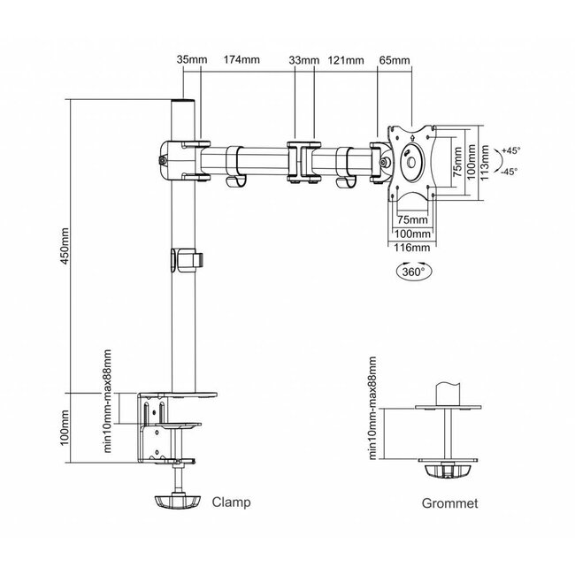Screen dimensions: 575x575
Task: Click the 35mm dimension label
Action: (192, 59)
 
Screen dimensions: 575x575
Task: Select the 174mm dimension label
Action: (241, 59)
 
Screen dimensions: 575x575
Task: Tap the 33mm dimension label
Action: (304, 60)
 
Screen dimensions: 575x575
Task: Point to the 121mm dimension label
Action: (346, 60)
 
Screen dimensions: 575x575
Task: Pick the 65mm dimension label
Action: (395, 60)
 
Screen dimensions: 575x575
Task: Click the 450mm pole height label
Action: (65, 246)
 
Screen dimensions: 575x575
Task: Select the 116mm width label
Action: (412, 248)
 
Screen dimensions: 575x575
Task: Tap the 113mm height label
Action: (485, 163)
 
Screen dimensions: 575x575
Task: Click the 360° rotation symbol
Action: (414, 271)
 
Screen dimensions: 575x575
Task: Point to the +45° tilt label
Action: (511, 150)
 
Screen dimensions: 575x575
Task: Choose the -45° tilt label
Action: (510, 171)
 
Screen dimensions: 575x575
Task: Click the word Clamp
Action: (232, 502)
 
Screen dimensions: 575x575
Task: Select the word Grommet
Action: (449, 503)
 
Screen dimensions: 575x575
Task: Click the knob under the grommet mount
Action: (448, 471)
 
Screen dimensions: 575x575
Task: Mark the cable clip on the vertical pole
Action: (187, 260)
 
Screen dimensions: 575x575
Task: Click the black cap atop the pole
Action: (183, 101)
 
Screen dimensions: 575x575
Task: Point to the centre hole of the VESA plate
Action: (410, 163)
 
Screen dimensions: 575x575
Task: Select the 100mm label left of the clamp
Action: (65, 427)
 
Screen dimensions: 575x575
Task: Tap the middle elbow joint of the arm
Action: (304, 162)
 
